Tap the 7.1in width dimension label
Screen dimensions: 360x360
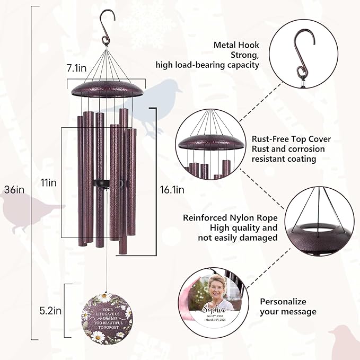pos(77,68)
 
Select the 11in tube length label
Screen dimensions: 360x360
pos(48,182)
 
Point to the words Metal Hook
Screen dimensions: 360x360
pos(236,45)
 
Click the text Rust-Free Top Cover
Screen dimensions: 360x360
pos(291,139)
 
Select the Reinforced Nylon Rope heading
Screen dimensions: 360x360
pos(230,217)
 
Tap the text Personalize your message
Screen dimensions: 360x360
pos(288,306)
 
